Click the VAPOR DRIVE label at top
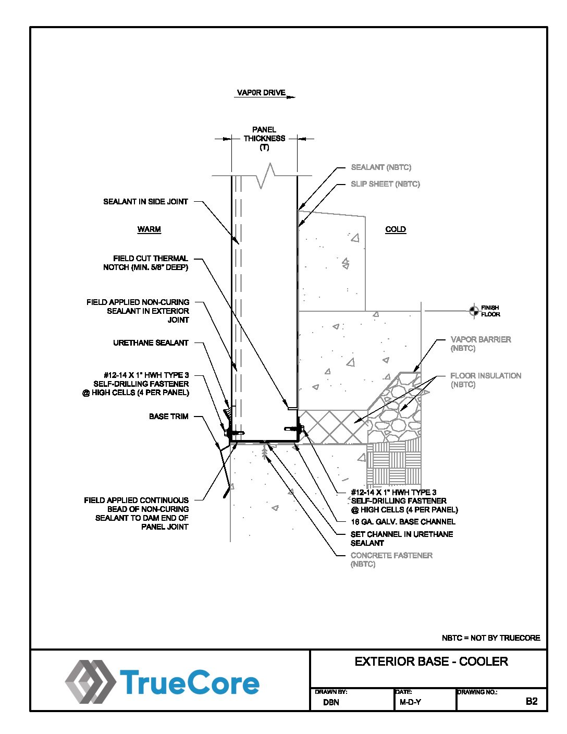[x=261, y=93]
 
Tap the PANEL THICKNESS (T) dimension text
[x=264, y=138]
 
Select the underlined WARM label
[x=149, y=229]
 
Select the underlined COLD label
[x=396, y=229]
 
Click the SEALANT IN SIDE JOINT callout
[x=145, y=202]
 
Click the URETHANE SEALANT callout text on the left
[x=151, y=343]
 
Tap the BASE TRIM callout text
[x=168, y=417]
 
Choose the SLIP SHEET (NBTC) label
[x=385, y=184]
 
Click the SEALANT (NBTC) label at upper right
[x=381, y=167]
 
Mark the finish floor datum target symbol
[x=474, y=311]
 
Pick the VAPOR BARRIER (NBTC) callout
[x=480, y=344]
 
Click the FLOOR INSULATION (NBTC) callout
[x=485, y=380]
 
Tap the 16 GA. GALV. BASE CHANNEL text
[x=403, y=521]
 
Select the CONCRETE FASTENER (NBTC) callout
[x=391, y=559]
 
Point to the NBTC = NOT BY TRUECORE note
[x=491, y=638]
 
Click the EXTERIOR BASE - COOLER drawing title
[x=431, y=662]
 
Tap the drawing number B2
[x=531, y=701]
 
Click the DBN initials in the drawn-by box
[x=331, y=702]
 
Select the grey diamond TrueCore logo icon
[x=90, y=682]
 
